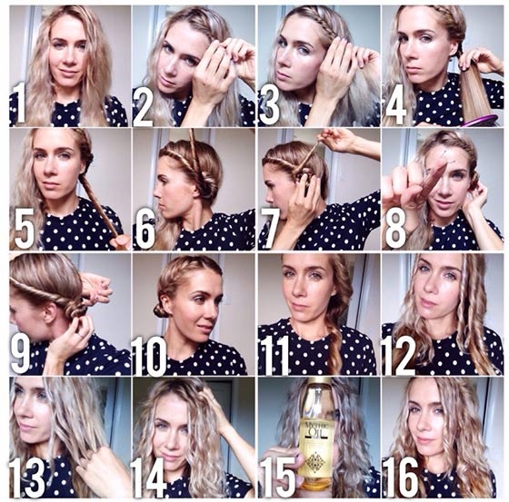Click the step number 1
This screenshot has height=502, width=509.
(20, 103)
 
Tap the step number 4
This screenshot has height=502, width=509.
(396, 104)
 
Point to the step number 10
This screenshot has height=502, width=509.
(149, 356)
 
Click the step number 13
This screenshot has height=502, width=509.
(27, 478)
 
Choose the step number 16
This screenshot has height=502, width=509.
(401, 477)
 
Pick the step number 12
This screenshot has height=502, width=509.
(400, 356)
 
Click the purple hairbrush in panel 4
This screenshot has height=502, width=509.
(482, 119)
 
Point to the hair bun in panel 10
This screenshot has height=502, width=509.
(162, 310)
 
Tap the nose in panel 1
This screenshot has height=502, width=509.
(67, 57)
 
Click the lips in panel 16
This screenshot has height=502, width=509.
(424, 439)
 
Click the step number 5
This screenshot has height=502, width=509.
(25, 228)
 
